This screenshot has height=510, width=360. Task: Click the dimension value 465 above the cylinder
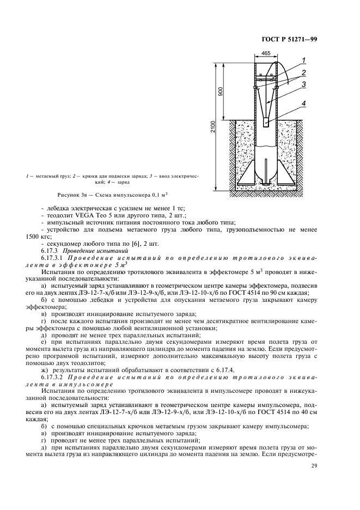point(266,53)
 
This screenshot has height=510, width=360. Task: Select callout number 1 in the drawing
point(304,59)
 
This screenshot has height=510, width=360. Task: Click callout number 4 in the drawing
point(304,101)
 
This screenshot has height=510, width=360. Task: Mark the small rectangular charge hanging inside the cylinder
point(266,124)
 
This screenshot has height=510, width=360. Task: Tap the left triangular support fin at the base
point(247,173)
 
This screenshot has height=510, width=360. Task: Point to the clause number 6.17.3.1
point(53,255)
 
